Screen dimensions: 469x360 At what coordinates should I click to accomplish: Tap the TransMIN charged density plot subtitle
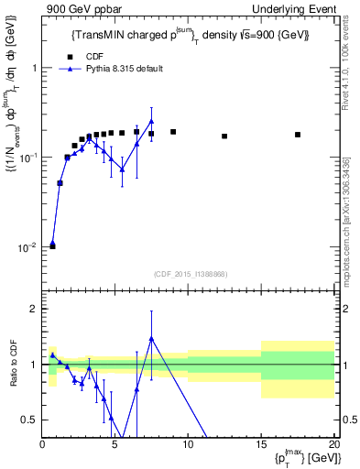point(190,35)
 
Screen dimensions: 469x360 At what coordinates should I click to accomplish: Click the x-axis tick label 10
point(188,444)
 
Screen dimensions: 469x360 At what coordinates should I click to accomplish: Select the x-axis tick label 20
point(333,444)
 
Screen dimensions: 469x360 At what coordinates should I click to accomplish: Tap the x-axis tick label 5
point(115,444)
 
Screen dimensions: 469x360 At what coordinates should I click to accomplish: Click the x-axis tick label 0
point(42,444)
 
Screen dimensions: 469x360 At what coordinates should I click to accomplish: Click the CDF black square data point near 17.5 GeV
point(298,135)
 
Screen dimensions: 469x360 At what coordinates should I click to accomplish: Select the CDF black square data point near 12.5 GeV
point(224,136)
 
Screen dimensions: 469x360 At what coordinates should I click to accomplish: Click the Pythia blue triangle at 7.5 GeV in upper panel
point(151,121)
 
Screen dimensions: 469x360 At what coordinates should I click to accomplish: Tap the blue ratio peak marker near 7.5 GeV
point(151,338)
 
